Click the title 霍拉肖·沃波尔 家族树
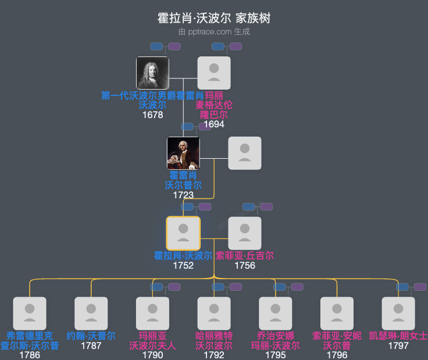tap(214, 18)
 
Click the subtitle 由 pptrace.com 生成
tap(214, 31)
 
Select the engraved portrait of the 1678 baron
tap(152, 73)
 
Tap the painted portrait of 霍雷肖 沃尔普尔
tap(183, 153)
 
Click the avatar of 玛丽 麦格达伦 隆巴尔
tap(214, 73)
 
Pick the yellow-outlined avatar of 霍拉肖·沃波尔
tap(183, 233)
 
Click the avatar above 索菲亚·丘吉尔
tap(245, 233)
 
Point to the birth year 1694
tap(214, 124)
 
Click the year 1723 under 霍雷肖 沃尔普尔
tap(183, 195)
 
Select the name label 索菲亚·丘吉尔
tap(245, 255)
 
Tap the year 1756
tap(245, 265)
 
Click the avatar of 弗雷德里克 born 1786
tap(30, 313)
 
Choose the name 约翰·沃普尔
tap(91, 336)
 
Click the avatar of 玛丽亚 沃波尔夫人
tap(152, 313)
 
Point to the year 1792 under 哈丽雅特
tap(214, 355)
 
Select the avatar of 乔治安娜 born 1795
tap(276, 313)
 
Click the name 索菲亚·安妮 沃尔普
tap(337, 340)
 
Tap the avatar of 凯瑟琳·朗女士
tap(398, 313)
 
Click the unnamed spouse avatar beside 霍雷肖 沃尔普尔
tap(245, 153)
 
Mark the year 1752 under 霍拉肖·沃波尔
tap(183, 265)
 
